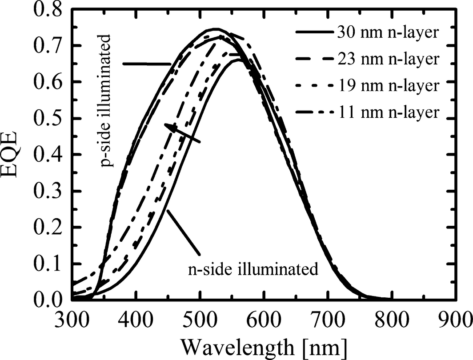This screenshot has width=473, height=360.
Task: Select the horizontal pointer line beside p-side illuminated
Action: click(147, 64)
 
